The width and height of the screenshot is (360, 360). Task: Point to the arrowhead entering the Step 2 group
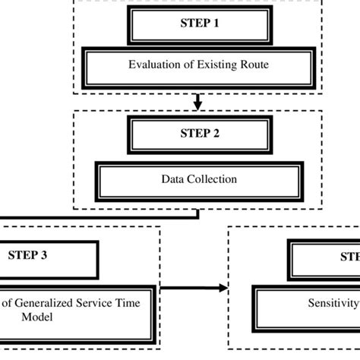(x=198, y=105)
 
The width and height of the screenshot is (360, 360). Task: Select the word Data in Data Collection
(x=172, y=180)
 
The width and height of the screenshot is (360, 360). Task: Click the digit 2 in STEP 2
(x=216, y=133)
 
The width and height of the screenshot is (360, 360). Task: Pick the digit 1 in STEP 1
(x=216, y=24)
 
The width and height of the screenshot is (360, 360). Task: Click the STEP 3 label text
(x=27, y=254)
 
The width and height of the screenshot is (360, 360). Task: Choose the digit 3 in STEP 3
(x=44, y=254)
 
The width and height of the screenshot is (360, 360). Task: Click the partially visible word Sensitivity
(x=333, y=302)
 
